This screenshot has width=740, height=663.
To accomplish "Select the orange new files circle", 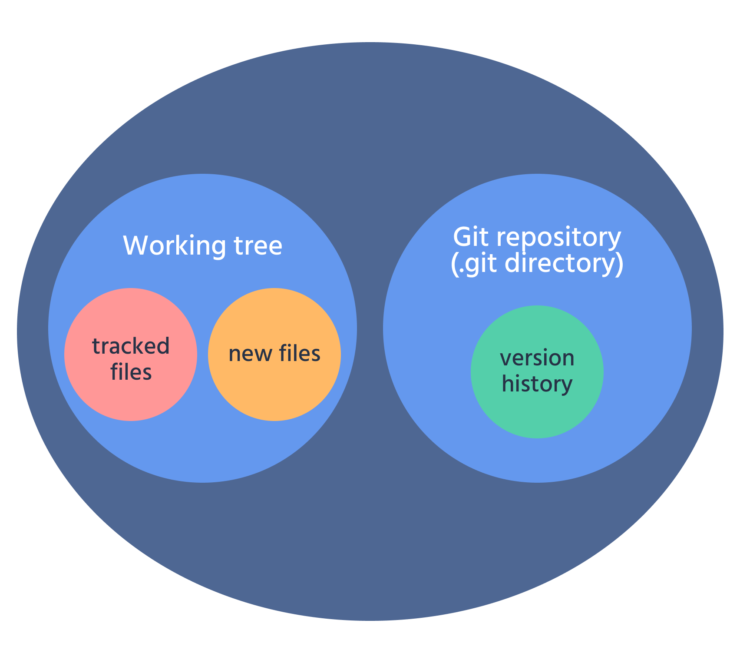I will point(274,391).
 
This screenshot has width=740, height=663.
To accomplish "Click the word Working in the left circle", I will point(174,246).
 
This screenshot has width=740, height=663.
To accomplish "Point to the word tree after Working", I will point(258,246).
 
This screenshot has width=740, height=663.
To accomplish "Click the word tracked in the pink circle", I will point(131,346).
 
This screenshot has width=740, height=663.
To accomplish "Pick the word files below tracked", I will point(131,372).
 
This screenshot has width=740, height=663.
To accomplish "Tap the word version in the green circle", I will point(537,358).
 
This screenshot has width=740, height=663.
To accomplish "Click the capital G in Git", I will point(462,238).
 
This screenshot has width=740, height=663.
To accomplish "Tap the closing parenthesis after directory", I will point(620,264).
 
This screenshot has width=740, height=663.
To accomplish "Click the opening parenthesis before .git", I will point(454,264).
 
